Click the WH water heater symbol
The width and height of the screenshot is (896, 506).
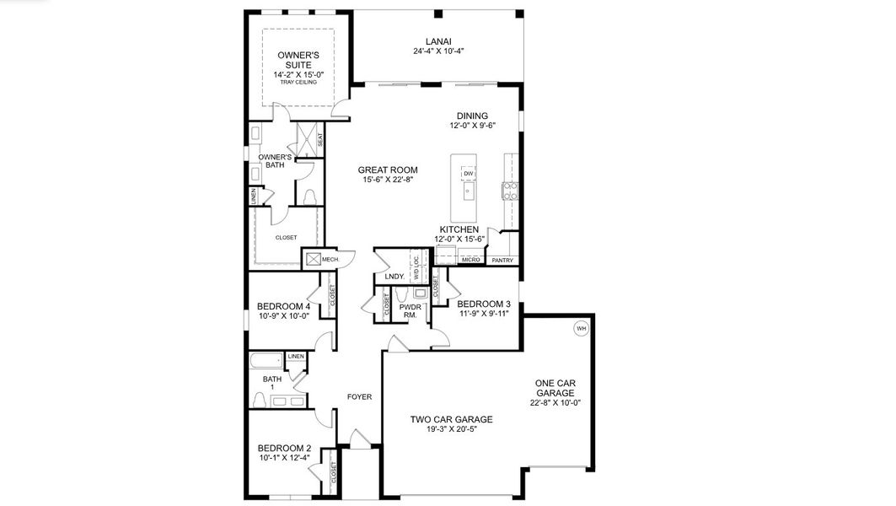(x=581, y=329)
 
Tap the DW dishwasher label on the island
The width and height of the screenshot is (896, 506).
(x=467, y=174)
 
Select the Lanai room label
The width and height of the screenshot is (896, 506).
(x=438, y=40)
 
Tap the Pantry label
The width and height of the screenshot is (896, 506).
(x=502, y=261)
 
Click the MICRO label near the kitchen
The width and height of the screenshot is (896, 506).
(x=471, y=260)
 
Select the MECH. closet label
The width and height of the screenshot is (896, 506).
(x=330, y=260)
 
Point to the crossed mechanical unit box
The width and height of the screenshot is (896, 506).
(x=312, y=260)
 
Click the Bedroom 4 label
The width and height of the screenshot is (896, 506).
(x=283, y=306)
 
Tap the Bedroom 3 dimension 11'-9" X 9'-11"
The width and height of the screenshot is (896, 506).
(x=484, y=314)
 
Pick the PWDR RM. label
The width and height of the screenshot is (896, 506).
(x=410, y=311)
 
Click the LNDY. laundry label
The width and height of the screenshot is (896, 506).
(x=394, y=277)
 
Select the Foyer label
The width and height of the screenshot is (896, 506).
(x=360, y=396)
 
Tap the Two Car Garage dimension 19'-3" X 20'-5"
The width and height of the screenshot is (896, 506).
(x=451, y=429)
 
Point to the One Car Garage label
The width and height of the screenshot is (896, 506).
(x=555, y=388)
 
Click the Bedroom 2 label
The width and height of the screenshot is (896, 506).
(x=284, y=448)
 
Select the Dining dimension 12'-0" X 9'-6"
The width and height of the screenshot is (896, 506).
(x=472, y=126)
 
